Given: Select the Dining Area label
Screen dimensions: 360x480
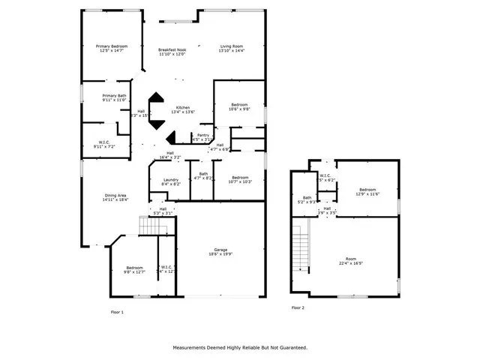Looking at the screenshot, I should click(115, 197).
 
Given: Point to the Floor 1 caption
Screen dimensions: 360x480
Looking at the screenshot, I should click(117, 310).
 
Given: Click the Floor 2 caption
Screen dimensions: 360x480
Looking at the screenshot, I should click(298, 307).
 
